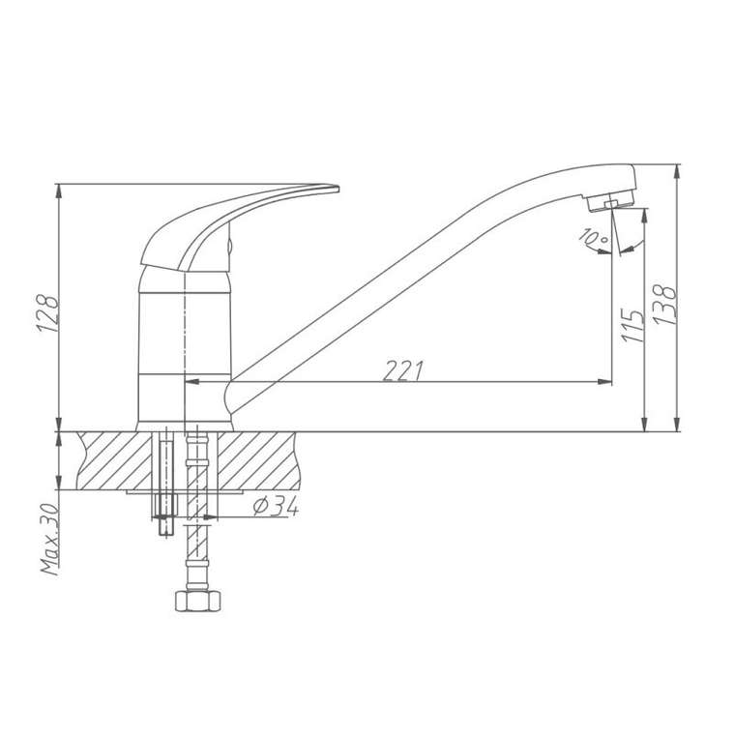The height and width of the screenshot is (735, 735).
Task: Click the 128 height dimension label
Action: coord(48,313)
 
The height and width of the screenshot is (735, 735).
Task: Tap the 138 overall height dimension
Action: coord(664,305)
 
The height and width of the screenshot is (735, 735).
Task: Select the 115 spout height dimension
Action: coord(632,325)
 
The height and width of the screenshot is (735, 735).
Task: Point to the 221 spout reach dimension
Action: coord(403,370)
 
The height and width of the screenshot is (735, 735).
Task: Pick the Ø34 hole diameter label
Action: coord(276,506)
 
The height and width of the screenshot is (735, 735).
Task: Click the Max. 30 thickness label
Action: coord(49,539)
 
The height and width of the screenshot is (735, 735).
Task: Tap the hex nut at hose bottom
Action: coord(197,601)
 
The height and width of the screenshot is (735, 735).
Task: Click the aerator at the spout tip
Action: coord(610,202)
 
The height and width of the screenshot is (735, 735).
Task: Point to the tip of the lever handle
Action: coord(338,189)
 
